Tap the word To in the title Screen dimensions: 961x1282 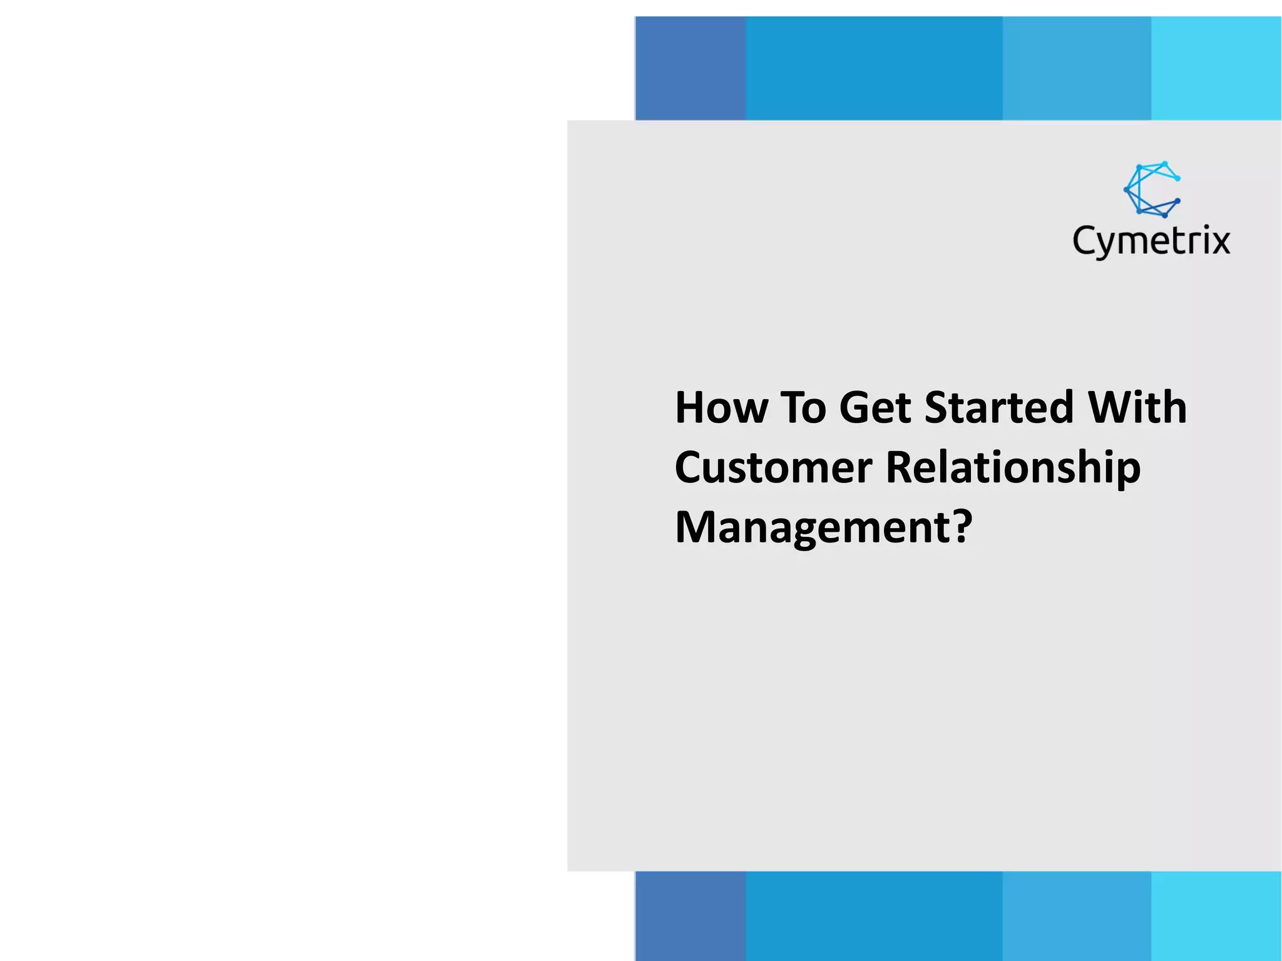tap(804, 407)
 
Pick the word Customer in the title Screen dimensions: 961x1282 tap(773, 467)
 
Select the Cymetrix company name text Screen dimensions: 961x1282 tap(1151, 242)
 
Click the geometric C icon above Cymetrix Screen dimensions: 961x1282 tap(1152, 189)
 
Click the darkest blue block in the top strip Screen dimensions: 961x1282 tap(690, 68)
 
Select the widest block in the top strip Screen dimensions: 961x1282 tap(874, 68)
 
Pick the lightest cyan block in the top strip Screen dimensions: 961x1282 tap(1216, 68)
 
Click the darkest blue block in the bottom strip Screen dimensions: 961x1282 tap(690, 916)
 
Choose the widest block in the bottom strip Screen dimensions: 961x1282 tap(874, 916)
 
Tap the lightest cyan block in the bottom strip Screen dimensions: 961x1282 tap(1216, 916)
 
